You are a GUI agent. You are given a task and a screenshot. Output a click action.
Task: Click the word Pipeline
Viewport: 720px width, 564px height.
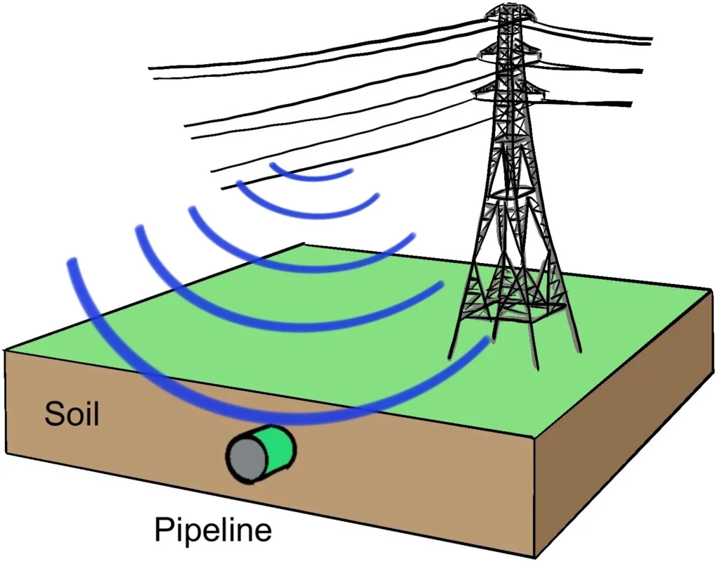click(213, 529)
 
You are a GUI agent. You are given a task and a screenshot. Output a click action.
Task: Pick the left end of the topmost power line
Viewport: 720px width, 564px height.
click(150, 68)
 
